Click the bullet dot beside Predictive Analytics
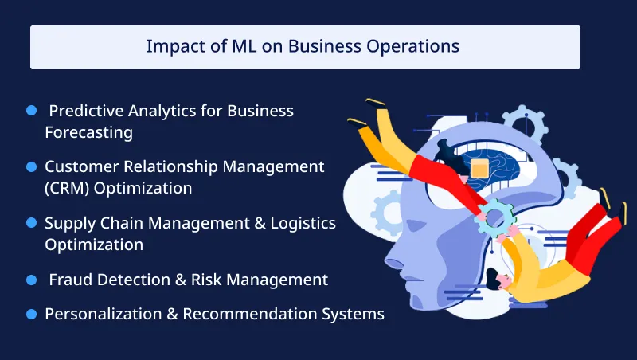32,111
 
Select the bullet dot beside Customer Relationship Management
32,166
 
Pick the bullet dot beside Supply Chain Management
32,222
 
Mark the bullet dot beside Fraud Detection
32,280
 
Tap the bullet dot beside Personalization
32,314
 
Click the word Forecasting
88,132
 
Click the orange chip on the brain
479,168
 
